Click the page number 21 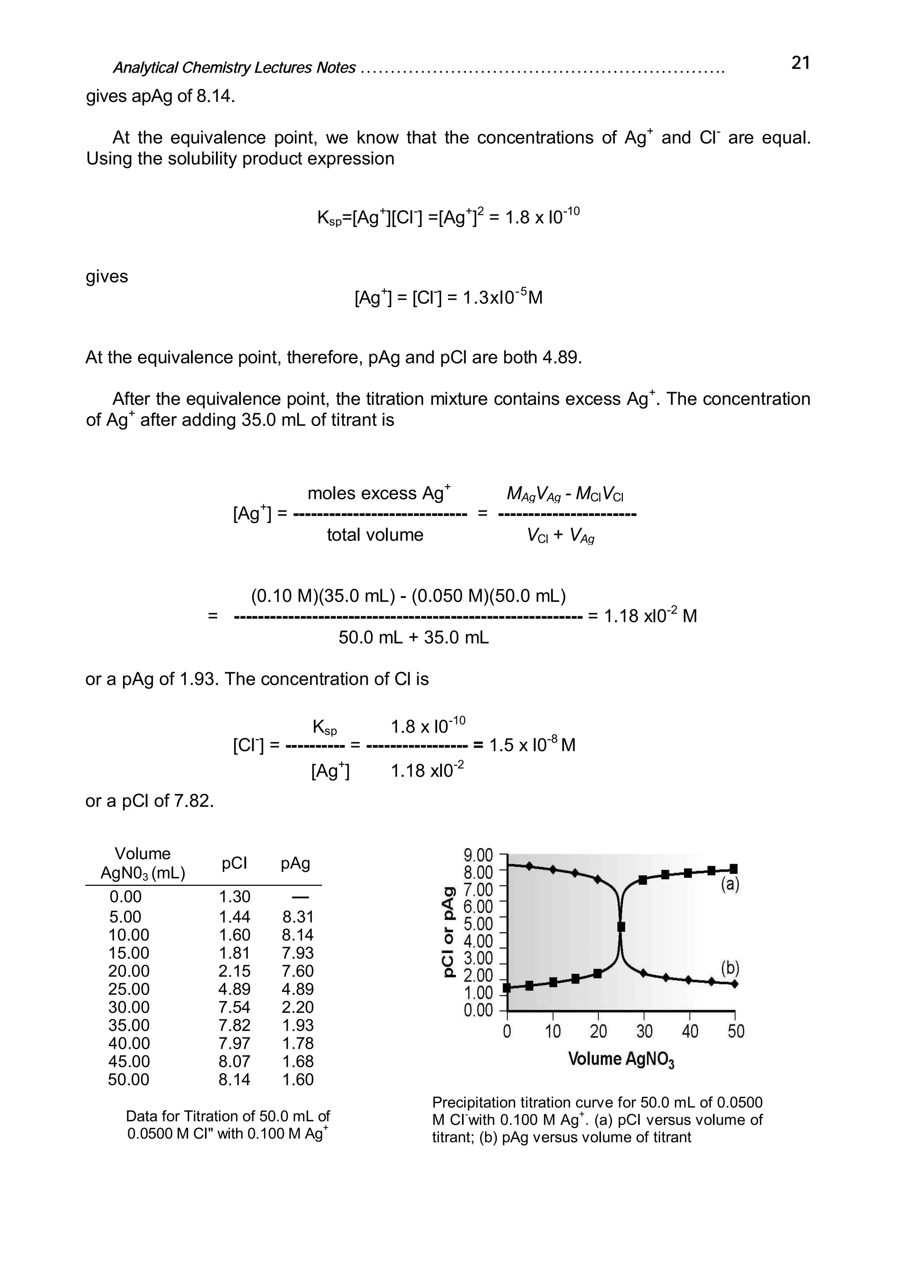pos(800,63)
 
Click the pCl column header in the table pos(234,863)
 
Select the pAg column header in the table pos(295,863)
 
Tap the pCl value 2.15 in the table pos(234,970)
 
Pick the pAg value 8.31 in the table pos(298,917)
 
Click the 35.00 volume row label pos(129,1025)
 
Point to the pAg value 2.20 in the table pos(298,1007)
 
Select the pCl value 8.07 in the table pos(234,1061)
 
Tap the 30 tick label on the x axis pos(644,1031)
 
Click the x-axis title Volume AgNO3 pos(621,1059)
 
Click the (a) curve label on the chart pos(730,885)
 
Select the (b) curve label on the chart pos(730,968)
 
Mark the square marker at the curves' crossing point pos(621,927)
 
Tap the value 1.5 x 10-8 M pos(532,745)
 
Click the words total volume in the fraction pos(375,534)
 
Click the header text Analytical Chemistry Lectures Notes pos(234,67)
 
